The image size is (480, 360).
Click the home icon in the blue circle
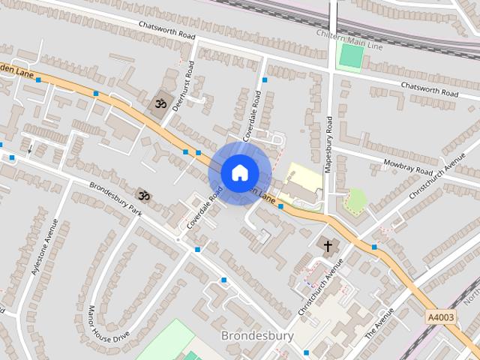[x=239, y=172]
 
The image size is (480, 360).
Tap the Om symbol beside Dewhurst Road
[x=158, y=103]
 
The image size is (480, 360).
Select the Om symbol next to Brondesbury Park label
[x=142, y=196]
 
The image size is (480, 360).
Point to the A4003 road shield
[x=440, y=317]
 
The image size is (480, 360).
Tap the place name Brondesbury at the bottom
[x=257, y=335]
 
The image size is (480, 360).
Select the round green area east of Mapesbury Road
[x=355, y=199]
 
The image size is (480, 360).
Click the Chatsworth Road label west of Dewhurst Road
[x=166, y=30]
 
